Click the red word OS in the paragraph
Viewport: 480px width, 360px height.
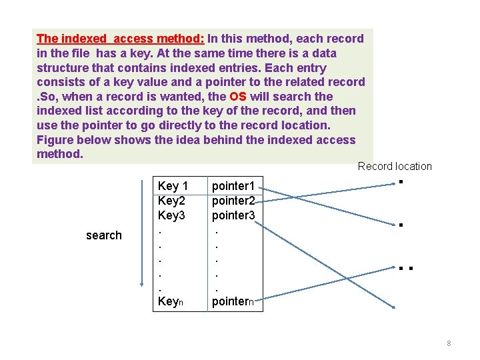pyautogui.click(x=238, y=97)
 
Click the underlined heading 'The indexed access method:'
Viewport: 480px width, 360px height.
pyautogui.click(x=121, y=39)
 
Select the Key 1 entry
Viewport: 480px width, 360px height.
pyautogui.click(x=173, y=186)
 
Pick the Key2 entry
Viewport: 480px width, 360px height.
pyautogui.click(x=172, y=201)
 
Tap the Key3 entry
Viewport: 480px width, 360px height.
pyautogui.click(x=172, y=215)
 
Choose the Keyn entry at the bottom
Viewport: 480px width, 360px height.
pyautogui.click(x=171, y=301)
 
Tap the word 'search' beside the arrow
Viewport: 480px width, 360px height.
pyautogui.click(x=104, y=235)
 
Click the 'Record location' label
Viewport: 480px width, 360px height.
pyautogui.click(x=395, y=167)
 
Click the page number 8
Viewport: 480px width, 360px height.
pyautogui.click(x=449, y=343)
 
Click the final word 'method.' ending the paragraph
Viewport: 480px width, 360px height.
pyautogui.click(x=60, y=154)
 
